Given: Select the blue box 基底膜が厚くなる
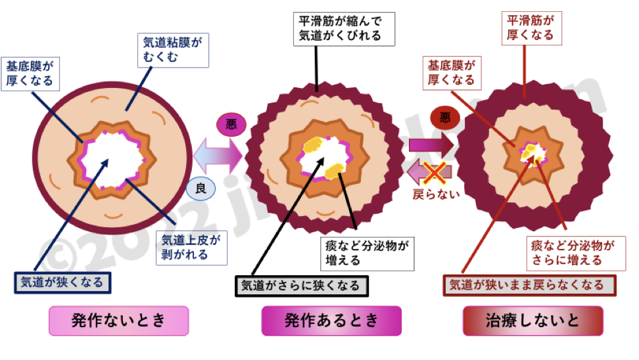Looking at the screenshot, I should (x=30, y=74).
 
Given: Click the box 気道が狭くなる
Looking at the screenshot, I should (x=63, y=282).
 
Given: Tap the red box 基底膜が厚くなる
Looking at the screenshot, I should (x=451, y=73).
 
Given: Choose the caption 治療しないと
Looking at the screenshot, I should (x=533, y=321).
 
